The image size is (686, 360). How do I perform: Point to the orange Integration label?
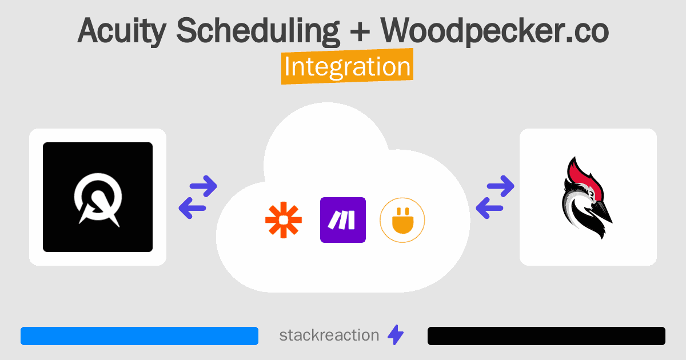(x=347, y=67)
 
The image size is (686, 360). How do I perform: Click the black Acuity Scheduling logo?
(x=98, y=197)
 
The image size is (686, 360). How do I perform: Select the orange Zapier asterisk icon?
(x=283, y=220)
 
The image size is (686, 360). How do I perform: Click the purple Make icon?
(x=343, y=220)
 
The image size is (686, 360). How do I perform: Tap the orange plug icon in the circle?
(x=402, y=220)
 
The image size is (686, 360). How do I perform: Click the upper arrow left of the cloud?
(x=202, y=186)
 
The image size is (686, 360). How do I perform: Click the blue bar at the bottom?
(x=139, y=336)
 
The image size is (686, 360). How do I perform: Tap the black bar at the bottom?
(x=547, y=336)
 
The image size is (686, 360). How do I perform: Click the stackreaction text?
(x=329, y=335)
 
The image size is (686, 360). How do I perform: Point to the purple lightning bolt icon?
(x=395, y=335)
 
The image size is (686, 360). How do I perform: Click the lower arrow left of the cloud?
(x=193, y=209)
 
